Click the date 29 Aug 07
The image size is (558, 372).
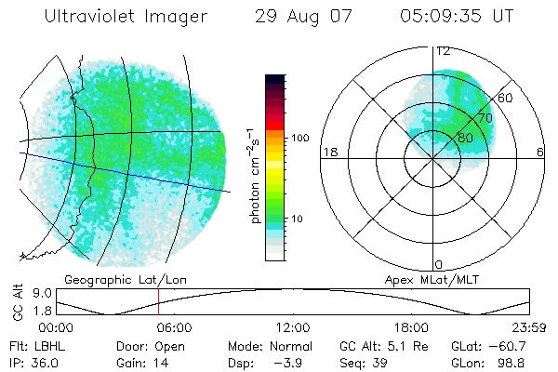pos(299,17)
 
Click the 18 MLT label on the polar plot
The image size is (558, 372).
pos(328,152)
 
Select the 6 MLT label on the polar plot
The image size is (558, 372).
pos(539,152)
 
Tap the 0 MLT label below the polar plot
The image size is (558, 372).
pos(439,264)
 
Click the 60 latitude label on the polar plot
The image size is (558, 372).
pos(506,97)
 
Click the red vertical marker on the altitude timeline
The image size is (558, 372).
pos(158,301)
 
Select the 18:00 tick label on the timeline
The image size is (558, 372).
pos(411,328)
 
